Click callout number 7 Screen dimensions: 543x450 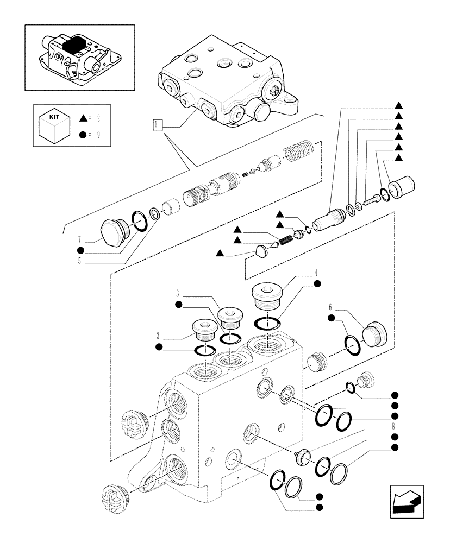(x=80, y=238)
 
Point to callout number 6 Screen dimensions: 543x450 (x=330, y=306)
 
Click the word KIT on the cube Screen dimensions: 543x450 (x=53, y=117)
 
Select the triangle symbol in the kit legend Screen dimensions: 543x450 (x=83, y=117)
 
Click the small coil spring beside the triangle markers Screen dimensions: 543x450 (x=286, y=239)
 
